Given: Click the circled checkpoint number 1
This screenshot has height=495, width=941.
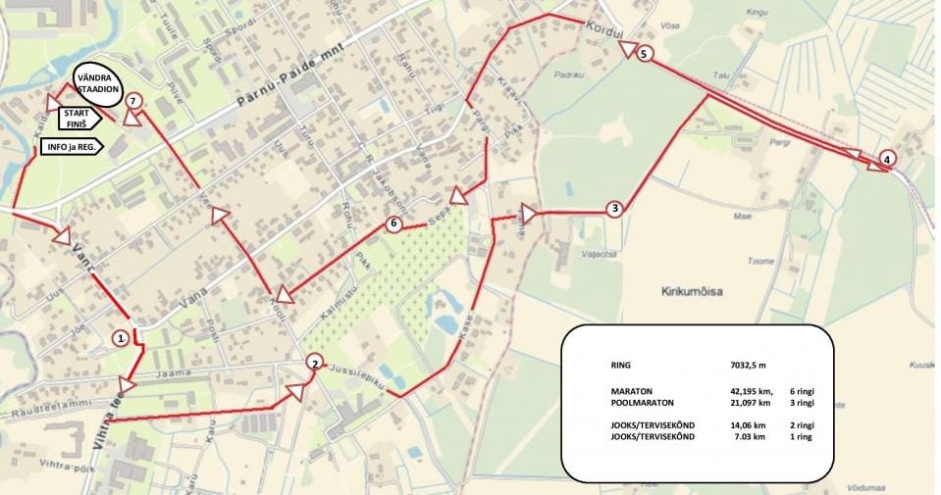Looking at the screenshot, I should [x=120, y=338].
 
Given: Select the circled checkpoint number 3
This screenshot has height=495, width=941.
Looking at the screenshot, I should [x=613, y=208].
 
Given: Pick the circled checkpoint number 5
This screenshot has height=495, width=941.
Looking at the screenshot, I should [x=643, y=54].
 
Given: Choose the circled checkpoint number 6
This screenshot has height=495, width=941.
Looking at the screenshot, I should [x=393, y=223].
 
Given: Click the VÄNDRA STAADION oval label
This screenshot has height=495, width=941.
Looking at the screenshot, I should [x=97, y=83].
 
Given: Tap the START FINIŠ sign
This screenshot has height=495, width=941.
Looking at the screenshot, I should [x=78, y=119].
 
